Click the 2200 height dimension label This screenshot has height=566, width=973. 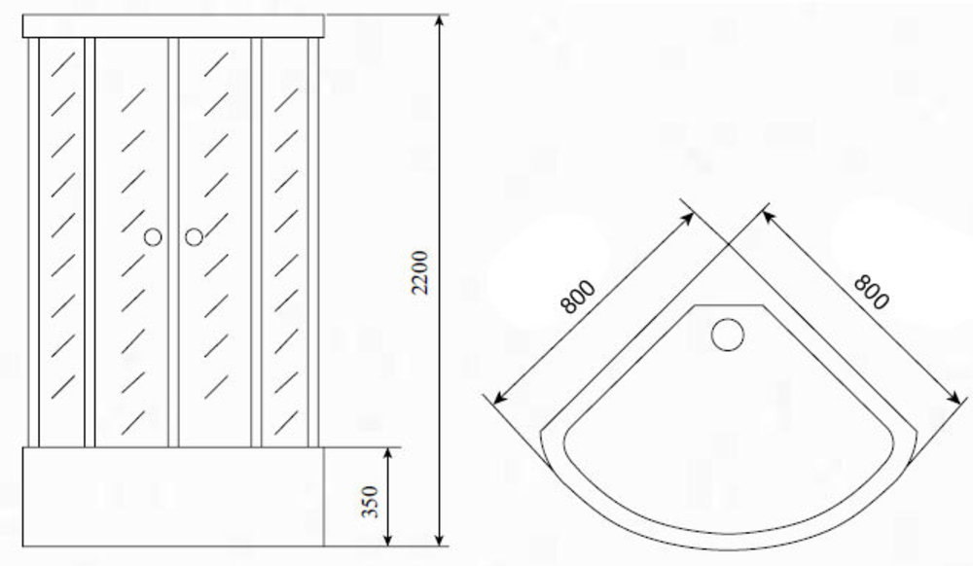point(420,272)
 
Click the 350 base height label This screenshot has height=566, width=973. point(369,502)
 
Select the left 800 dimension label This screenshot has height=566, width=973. point(577,297)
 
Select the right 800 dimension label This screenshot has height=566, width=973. point(872,292)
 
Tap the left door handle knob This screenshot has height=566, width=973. point(153,237)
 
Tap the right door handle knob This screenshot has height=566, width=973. point(195,237)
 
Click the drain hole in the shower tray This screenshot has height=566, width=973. point(727,335)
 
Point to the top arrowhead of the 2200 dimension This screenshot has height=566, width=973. point(440,21)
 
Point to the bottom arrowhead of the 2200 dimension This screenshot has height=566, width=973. point(440,540)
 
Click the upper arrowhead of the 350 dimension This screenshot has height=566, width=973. point(388,454)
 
